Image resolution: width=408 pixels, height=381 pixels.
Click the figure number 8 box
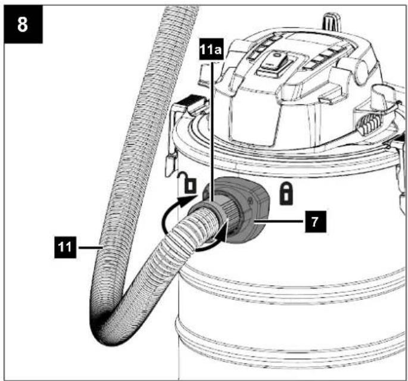[23, 24]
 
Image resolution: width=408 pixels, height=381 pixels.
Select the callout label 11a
[211, 49]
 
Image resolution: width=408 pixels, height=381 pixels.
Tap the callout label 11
[65, 247]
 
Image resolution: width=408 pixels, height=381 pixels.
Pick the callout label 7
[315, 222]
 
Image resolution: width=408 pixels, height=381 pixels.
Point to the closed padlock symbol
[286, 193]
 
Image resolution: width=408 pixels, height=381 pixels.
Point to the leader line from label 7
[279, 221]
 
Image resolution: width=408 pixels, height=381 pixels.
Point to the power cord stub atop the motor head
[331, 23]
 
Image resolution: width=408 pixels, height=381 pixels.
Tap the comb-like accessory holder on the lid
[369, 124]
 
